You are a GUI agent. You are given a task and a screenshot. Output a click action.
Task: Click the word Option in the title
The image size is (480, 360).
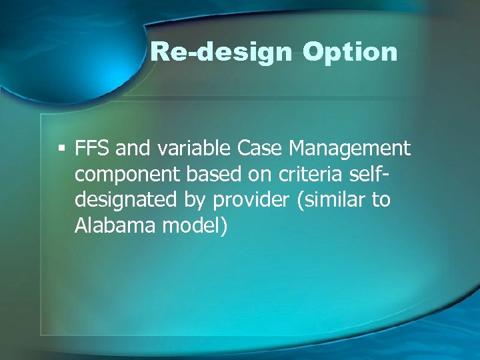[x=349, y=51]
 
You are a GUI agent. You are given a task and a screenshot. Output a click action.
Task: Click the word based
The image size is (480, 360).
[x=208, y=174]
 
